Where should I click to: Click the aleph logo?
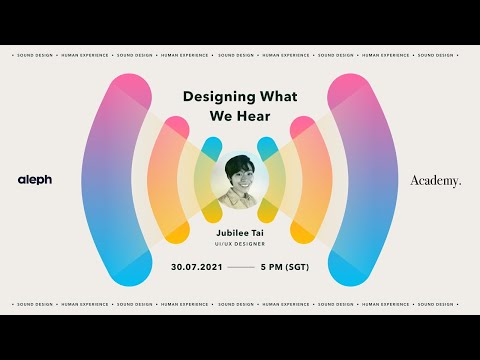pos(34,180)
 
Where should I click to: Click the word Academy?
pos(436,180)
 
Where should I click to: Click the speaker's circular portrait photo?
pos(240,180)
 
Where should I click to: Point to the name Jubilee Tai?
pos(240,230)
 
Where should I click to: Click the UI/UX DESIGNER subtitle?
pos(240,243)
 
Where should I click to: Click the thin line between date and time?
pos(241,269)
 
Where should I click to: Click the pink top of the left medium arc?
pos(176,128)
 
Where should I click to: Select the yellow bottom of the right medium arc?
pos(304,233)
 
